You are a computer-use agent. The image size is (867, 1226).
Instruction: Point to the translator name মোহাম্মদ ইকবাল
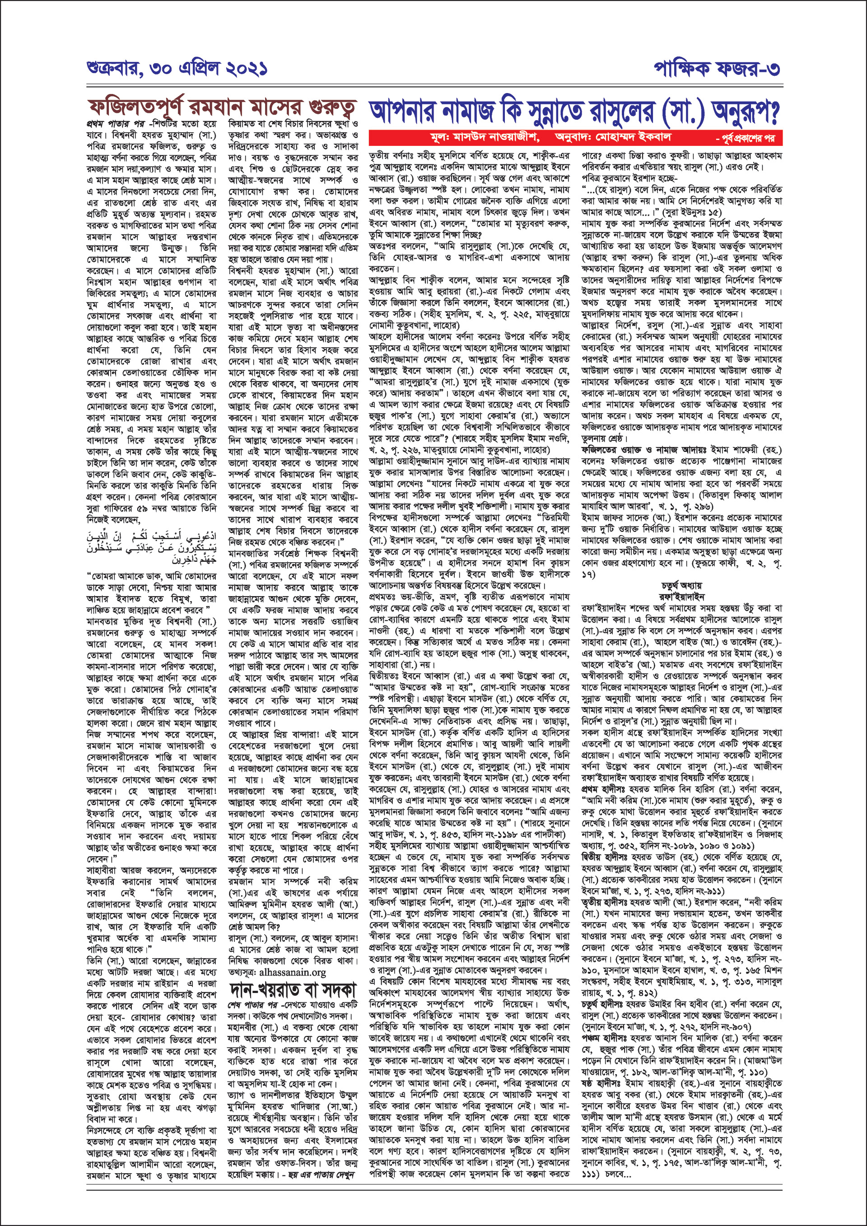coord(635,137)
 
